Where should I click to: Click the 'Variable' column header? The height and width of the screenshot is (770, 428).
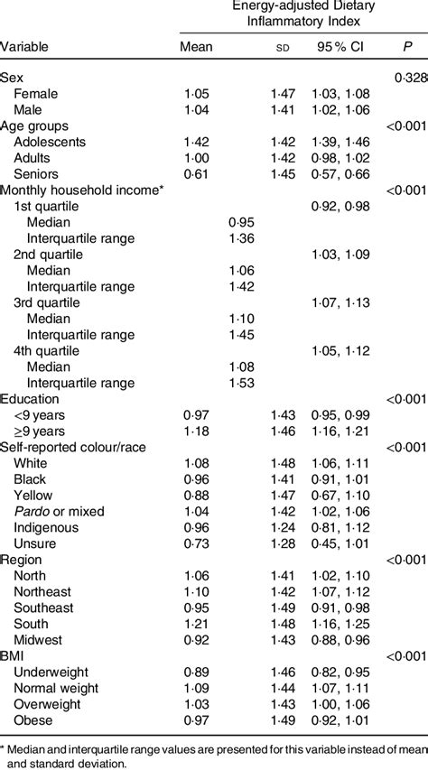pyautogui.click(x=25, y=46)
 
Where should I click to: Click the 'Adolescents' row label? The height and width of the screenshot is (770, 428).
pyautogui.click(x=51, y=142)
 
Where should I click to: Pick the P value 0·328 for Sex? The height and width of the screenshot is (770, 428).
pyautogui.click(x=410, y=79)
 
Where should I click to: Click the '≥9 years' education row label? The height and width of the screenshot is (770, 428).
pyautogui.click(x=40, y=430)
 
